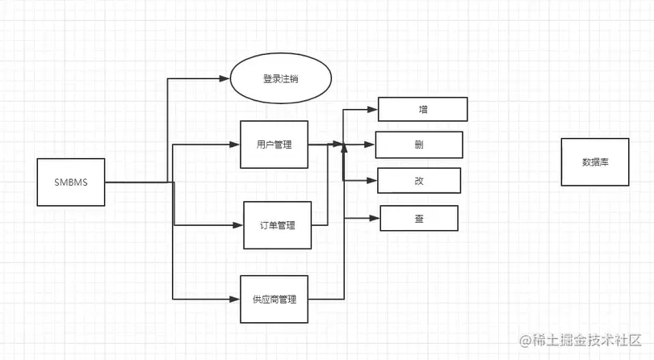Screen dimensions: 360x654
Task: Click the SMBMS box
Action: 72,182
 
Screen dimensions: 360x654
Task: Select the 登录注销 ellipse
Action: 282,80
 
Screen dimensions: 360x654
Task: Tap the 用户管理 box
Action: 274,145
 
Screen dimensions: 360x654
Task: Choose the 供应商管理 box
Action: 275,299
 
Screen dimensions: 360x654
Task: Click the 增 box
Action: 423,109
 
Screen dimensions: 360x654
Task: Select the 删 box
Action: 419,144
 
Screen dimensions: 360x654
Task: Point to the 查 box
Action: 419,218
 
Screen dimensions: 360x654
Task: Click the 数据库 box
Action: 595,161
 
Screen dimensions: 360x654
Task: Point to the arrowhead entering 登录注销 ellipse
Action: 225,78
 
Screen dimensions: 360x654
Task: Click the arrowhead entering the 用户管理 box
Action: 236,145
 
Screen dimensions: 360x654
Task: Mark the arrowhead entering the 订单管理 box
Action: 240,225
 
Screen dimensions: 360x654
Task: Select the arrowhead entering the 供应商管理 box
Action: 236,299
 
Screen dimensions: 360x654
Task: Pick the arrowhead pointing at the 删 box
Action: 371,145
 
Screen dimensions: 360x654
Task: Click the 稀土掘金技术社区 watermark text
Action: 581,341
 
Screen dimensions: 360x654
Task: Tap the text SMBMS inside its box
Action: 72,182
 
